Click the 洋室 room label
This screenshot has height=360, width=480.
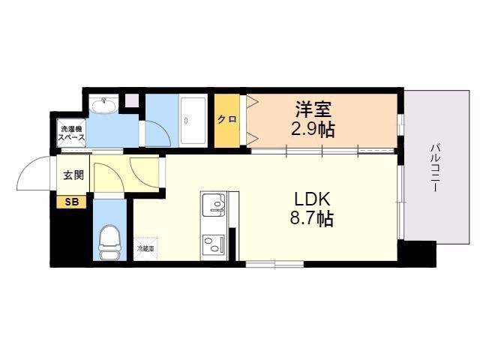tap(313, 109)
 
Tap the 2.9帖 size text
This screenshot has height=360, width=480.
tap(313, 129)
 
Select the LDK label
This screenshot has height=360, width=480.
tap(312, 199)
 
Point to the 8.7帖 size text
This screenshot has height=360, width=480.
tap(312, 218)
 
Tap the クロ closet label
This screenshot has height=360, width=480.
tap(226, 119)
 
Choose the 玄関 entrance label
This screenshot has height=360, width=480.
tap(73, 175)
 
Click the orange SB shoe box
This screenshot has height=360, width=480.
tap(71, 202)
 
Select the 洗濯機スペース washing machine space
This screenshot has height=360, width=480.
tap(72, 133)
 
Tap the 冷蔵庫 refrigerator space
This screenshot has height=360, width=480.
tap(145, 248)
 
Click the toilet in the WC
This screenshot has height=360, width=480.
tap(109, 242)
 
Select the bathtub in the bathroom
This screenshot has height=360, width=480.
tap(193, 120)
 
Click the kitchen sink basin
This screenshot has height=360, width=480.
tap(214, 204)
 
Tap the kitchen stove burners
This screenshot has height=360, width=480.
tap(213, 244)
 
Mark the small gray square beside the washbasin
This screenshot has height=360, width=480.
tap(132, 100)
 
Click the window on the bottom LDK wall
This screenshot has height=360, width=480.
tap(275, 264)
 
